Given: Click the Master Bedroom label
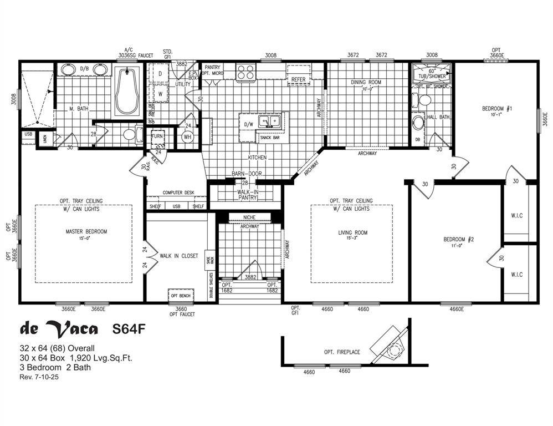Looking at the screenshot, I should [86, 231].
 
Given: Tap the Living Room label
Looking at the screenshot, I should [352, 232].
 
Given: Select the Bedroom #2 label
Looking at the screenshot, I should [459, 239].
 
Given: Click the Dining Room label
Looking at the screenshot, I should [366, 83].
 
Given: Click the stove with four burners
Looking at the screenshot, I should [245, 72].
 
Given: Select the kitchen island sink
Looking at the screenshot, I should [271, 121].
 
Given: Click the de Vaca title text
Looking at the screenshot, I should [59, 328].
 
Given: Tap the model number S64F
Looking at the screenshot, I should [129, 329].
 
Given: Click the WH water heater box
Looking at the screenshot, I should [187, 136].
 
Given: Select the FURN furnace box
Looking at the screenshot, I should [157, 136].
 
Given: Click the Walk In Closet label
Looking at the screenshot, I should [178, 256].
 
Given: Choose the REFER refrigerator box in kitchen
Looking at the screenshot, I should [298, 79].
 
